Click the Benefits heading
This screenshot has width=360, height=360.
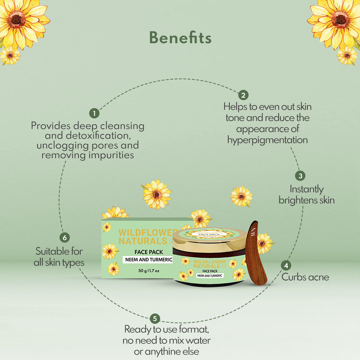[x=180, y=38]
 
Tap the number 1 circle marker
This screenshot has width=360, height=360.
[x=94, y=113]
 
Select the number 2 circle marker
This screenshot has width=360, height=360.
[x=243, y=95]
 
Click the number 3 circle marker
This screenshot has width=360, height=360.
[x=300, y=176]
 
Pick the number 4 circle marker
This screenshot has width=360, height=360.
[x=286, y=266]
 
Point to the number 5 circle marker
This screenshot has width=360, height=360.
[x=155, y=318]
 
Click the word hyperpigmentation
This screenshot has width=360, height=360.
[x=267, y=140]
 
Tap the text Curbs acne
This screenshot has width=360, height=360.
[x=305, y=277]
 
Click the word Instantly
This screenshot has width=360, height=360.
[x=307, y=189]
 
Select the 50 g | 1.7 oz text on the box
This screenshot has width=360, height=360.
[x=148, y=271]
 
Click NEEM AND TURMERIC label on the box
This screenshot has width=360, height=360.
[x=148, y=260]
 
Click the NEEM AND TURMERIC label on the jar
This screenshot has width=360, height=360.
[x=210, y=275]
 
